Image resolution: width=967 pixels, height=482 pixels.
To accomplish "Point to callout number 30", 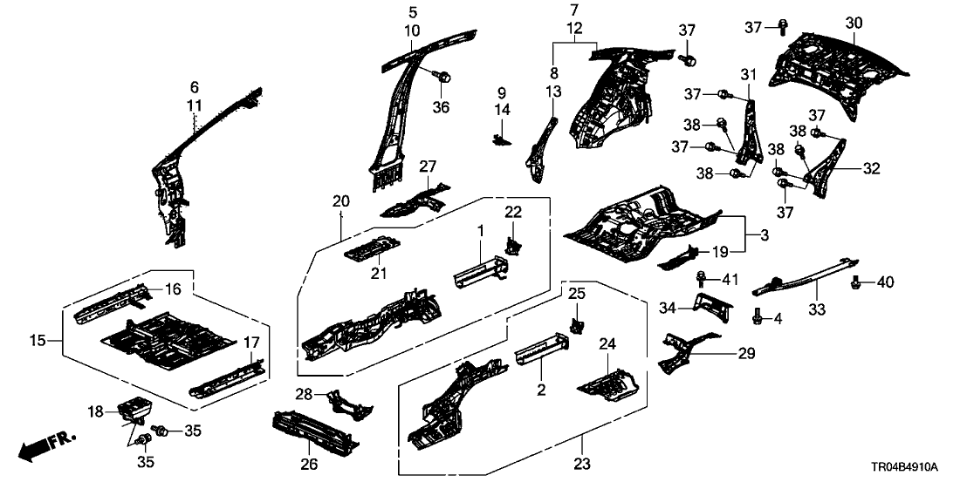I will pyautogui.click(x=854, y=22).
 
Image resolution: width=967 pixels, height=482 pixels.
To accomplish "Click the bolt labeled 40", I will pyautogui.click(x=855, y=282).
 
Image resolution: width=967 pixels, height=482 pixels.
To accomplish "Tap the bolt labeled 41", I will pyautogui.click(x=702, y=279).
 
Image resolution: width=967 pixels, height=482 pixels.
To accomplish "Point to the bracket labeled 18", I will pyautogui.click(x=135, y=407).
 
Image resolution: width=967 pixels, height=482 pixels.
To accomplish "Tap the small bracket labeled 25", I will pyautogui.click(x=577, y=323).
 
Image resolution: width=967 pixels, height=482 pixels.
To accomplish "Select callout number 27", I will pyautogui.click(x=427, y=166).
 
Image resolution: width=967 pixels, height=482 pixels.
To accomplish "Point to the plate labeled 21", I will pyautogui.click(x=370, y=248).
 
